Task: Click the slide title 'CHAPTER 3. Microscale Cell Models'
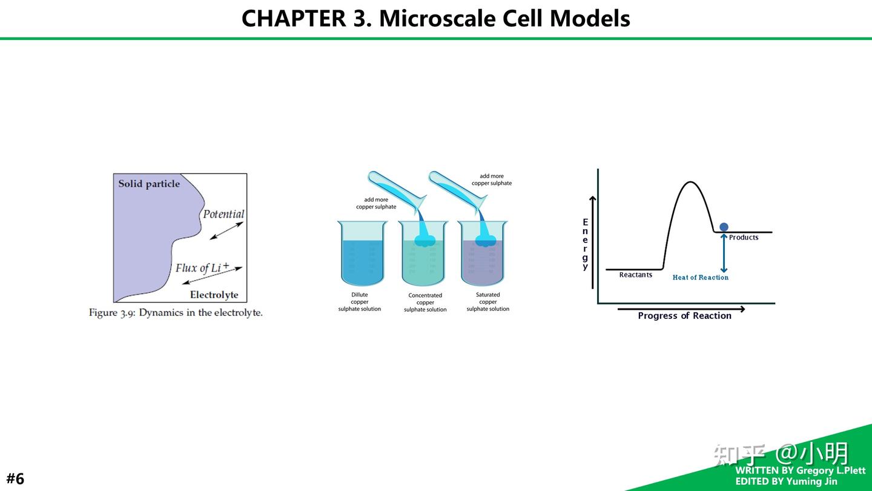[x=435, y=18]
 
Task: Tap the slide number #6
[x=16, y=478]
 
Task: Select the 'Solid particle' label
[x=149, y=184]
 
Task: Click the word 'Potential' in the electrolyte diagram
[x=223, y=214]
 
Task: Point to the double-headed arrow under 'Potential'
[x=226, y=231]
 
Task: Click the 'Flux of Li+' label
[x=202, y=267]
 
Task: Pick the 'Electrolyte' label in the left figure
[x=214, y=295]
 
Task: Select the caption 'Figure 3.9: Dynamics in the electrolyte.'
[x=176, y=313]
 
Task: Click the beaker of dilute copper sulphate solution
[x=362, y=253]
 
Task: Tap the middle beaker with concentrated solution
[x=423, y=253]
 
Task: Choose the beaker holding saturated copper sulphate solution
[x=483, y=253]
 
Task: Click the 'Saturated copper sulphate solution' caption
[x=488, y=302]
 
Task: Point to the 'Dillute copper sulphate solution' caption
[x=359, y=302]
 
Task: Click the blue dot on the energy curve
[x=724, y=227]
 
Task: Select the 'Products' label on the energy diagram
[x=744, y=238]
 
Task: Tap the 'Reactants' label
[x=636, y=275]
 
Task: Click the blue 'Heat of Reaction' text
[x=700, y=278]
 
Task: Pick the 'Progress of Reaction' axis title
[x=684, y=316]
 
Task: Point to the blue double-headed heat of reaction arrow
[x=724, y=253]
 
